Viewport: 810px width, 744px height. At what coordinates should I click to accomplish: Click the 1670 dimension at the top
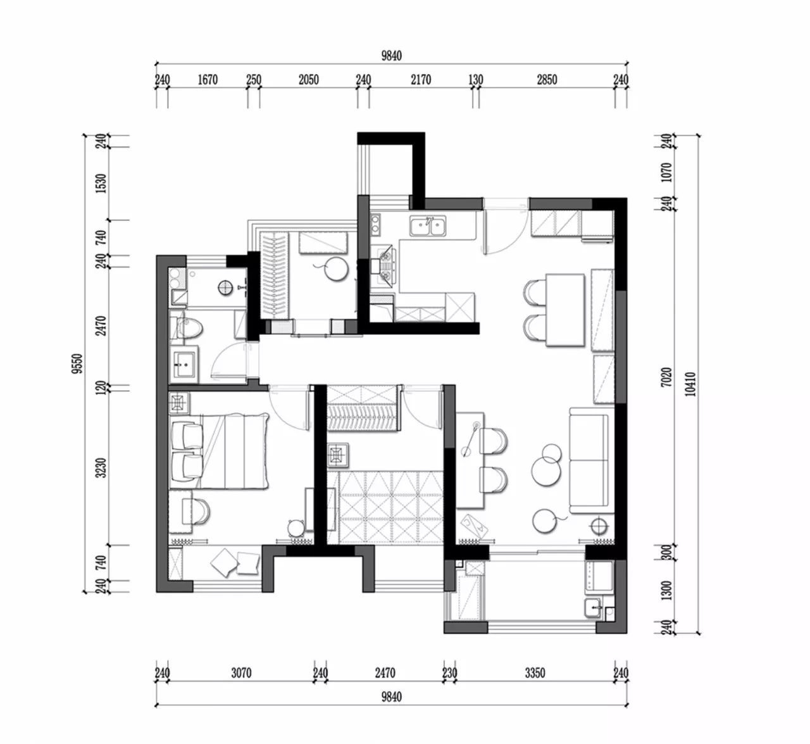(208, 80)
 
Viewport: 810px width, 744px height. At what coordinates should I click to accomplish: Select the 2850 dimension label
(547, 80)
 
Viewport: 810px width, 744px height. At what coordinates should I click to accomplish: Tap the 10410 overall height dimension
(691, 384)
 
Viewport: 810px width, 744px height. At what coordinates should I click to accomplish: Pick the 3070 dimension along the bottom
(241, 673)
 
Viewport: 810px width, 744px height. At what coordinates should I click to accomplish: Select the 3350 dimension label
(535, 673)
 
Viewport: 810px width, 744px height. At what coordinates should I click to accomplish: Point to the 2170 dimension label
(421, 80)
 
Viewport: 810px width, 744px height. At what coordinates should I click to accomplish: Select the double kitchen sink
(428, 226)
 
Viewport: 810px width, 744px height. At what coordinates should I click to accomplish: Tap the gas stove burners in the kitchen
(385, 266)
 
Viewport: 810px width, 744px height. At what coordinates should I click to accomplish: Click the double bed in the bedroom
(219, 451)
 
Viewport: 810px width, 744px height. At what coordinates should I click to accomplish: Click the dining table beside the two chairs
(565, 310)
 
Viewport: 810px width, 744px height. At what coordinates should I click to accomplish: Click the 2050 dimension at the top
(308, 80)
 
